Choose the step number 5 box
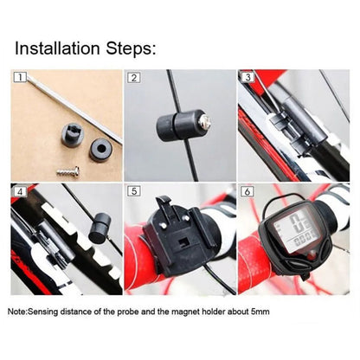click(x=133, y=190)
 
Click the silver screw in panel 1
click(x=68, y=170)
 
